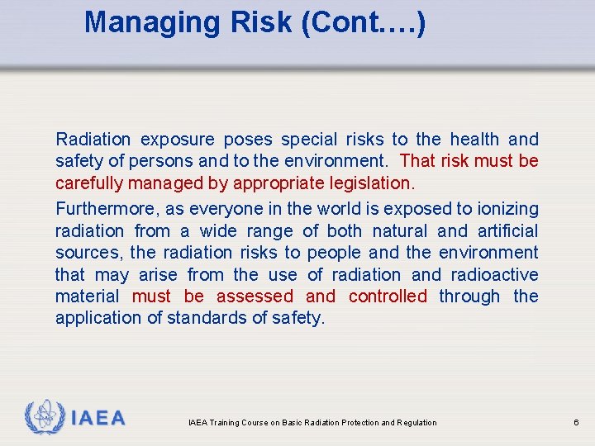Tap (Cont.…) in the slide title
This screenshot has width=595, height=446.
pos(364,22)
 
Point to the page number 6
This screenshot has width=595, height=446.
pos(576,423)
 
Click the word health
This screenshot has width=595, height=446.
pos(474,140)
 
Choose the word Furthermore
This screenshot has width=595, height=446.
pos(101,210)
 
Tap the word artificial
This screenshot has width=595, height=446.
pos(507,231)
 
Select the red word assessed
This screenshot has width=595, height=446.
pos(255,296)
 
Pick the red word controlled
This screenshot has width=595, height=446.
pos(388,296)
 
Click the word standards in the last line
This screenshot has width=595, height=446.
pos(203,318)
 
